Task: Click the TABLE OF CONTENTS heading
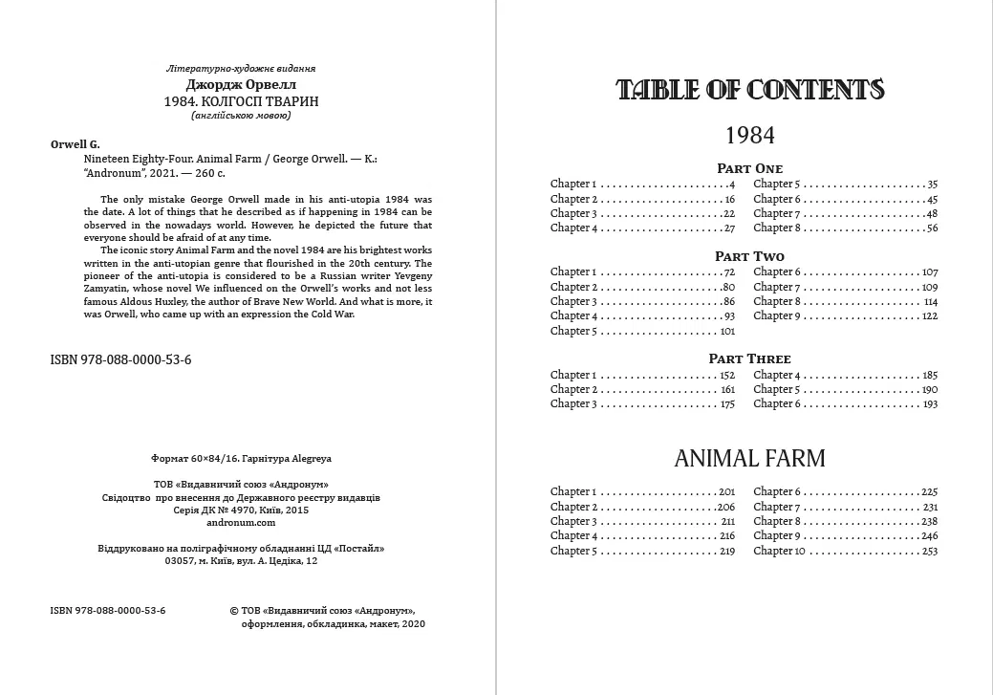[x=750, y=90]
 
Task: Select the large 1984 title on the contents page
[x=749, y=134]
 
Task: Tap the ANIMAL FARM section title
[x=749, y=459]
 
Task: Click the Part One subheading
[x=749, y=168]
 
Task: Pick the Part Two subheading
[x=749, y=256]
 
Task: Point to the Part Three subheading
[x=749, y=358]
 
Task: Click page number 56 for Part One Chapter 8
[x=932, y=228]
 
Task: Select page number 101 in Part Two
[x=727, y=331]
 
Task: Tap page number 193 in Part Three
[x=930, y=403]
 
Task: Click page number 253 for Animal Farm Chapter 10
[x=930, y=551]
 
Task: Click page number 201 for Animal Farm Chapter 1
[x=726, y=491]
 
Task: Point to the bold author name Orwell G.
[x=75, y=143]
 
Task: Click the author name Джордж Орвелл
[x=241, y=84]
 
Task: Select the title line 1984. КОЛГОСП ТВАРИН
[x=241, y=100]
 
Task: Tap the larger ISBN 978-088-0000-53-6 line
[x=120, y=360]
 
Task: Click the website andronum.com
[x=241, y=523]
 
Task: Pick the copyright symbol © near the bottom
[x=236, y=609]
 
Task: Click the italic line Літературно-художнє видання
[x=241, y=69]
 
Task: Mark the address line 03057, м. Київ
[x=241, y=561]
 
